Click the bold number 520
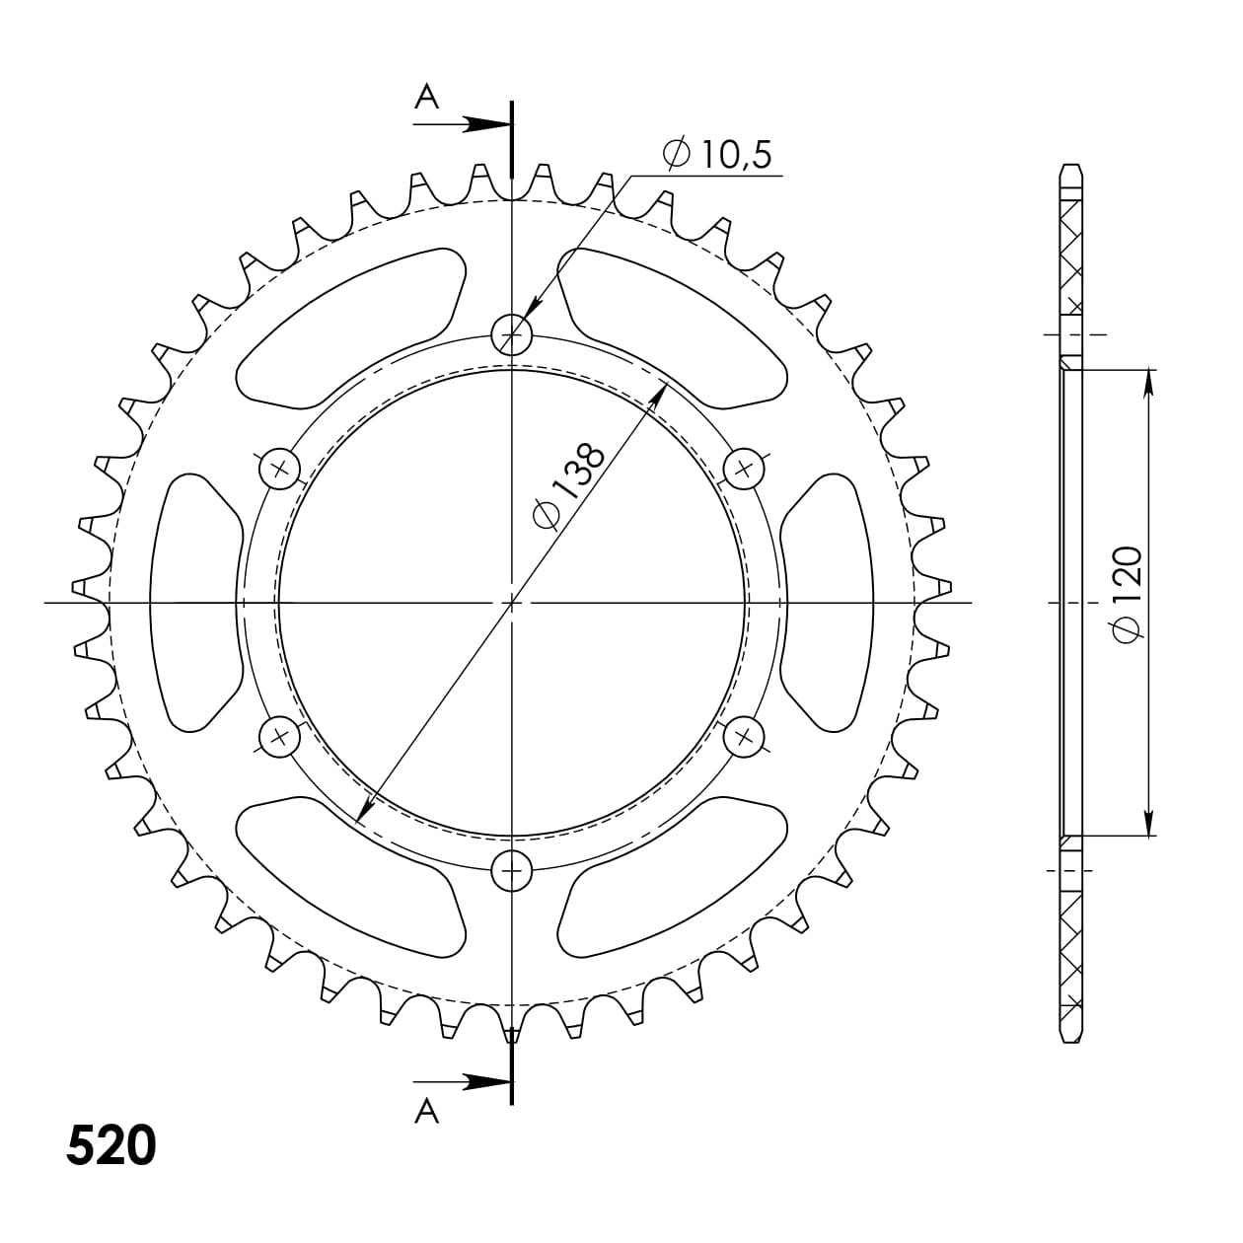point(111,1144)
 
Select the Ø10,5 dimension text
point(718,155)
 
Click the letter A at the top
point(426,96)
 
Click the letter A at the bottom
point(426,1112)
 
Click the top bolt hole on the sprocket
point(512,335)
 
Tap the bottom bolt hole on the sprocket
point(512,869)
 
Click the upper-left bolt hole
point(279,468)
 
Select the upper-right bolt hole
point(744,468)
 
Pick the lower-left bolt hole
point(279,736)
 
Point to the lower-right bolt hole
point(744,736)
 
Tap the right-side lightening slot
point(829,602)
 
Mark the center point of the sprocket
point(512,602)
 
